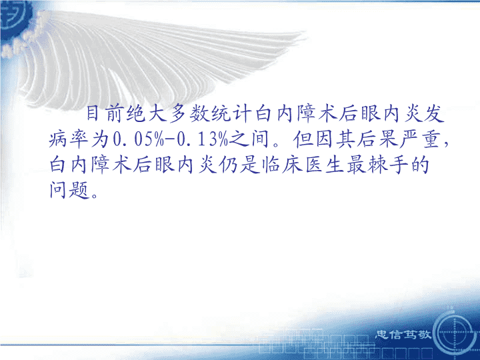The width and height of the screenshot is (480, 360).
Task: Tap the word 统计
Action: pyautogui.click(x=231, y=113)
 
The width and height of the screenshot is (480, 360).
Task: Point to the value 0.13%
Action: pyautogui.click(x=203, y=139)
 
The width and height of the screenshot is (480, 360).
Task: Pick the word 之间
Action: pyautogui.click(x=249, y=139)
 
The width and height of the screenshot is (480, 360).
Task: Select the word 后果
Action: pyautogui.click(x=356, y=139)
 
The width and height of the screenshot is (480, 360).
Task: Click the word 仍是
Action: pyautogui.click(x=239, y=165)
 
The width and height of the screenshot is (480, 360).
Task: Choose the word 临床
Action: pyautogui.click(x=281, y=165)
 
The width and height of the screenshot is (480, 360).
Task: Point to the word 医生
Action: pyautogui.click(x=324, y=165)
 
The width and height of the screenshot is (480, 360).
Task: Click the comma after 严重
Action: pyautogui.click(x=445, y=145)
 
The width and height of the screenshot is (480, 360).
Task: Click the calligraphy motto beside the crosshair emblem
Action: pyautogui.click(x=403, y=334)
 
